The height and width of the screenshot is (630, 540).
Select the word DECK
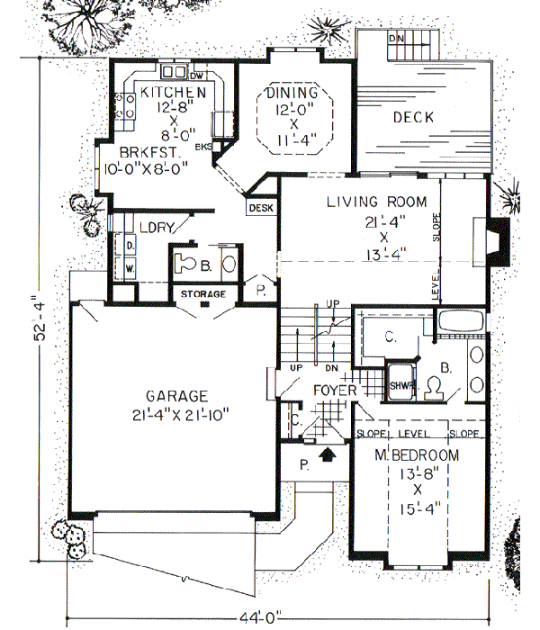pyautogui.click(x=413, y=118)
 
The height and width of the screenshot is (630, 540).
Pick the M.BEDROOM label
pyautogui.click(x=416, y=455)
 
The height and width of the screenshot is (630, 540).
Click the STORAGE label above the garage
pyautogui.click(x=202, y=294)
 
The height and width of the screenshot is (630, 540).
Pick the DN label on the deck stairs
pyautogui.click(x=395, y=40)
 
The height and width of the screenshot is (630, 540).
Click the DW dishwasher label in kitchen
pyautogui.click(x=200, y=76)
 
